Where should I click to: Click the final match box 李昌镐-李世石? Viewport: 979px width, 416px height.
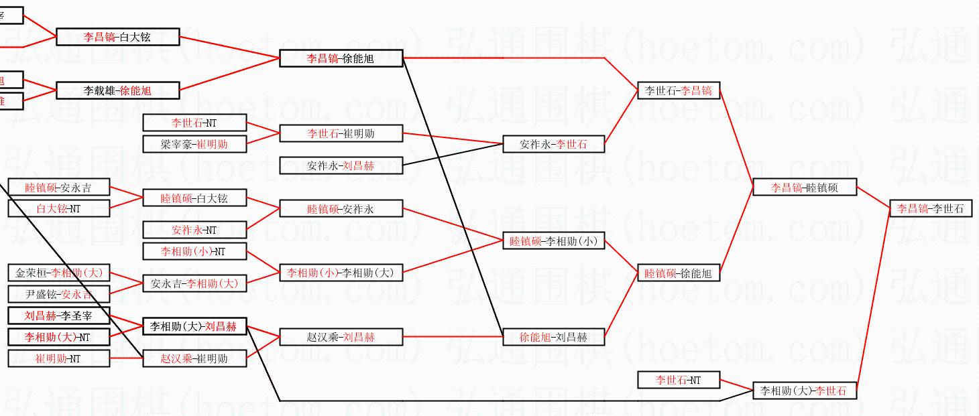point(930,208)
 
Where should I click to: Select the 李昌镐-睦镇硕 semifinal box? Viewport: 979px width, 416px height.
point(805,188)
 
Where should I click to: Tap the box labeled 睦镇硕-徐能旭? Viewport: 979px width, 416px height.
point(678,273)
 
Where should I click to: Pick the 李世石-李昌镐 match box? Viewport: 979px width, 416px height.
point(678,90)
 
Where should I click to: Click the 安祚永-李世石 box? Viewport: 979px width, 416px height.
point(553,144)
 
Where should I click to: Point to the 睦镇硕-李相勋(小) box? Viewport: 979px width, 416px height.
point(553,241)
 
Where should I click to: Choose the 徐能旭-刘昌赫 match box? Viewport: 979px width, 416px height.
point(553,337)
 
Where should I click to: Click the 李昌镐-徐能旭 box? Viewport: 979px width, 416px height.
point(341,58)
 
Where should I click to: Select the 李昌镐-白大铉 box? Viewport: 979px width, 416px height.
point(117,37)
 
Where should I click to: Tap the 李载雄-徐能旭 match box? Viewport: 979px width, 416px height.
point(117,90)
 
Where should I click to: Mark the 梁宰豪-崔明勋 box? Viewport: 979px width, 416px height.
point(194,144)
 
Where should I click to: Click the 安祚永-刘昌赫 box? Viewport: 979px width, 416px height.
point(341,165)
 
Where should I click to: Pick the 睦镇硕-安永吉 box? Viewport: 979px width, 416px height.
point(58,188)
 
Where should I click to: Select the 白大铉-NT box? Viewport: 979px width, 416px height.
point(58,208)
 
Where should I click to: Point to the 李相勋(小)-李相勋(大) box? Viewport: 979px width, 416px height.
point(341,273)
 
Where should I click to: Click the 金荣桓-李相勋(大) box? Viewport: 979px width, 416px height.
point(58,273)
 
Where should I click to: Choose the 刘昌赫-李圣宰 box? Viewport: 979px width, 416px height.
point(58,316)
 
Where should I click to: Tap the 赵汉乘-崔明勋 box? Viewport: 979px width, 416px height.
point(194,358)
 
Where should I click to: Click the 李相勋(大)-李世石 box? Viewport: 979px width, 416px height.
point(805,391)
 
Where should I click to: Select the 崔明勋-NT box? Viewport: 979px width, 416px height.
point(58,358)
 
